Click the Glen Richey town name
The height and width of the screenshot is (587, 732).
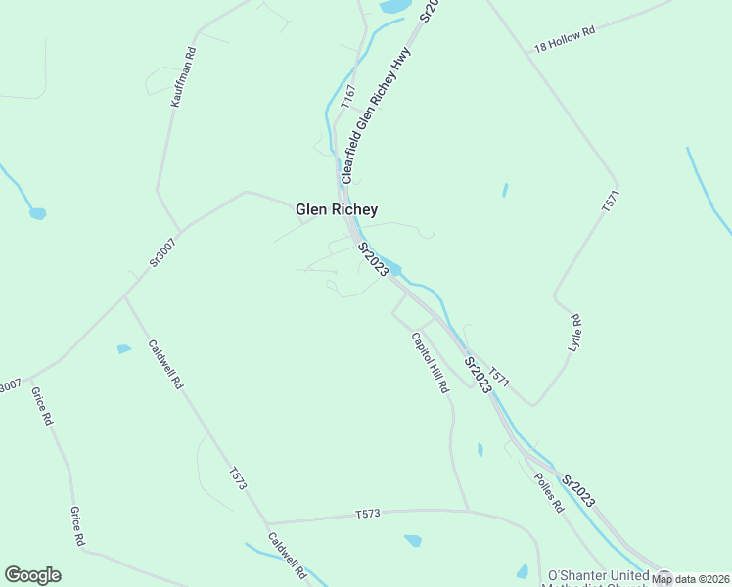click(337, 209)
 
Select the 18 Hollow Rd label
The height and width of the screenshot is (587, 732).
click(565, 39)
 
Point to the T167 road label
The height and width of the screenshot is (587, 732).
click(347, 95)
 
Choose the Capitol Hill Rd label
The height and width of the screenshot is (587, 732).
click(430, 363)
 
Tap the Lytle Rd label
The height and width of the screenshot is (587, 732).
click(574, 334)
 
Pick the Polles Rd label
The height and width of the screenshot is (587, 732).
click(549, 493)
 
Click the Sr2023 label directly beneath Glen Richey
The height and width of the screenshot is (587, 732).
click(373, 259)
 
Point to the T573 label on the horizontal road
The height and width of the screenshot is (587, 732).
click(368, 514)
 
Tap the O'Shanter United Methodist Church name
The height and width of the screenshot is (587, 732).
click(597, 576)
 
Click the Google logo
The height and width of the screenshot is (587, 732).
click(32, 575)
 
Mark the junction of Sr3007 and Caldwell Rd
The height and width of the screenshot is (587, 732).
click(124, 295)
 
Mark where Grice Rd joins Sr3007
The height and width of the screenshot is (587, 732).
click(31, 377)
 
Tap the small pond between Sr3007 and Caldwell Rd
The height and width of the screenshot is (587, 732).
click(124, 348)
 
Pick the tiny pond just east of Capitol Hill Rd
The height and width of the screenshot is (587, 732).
click(480, 449)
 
